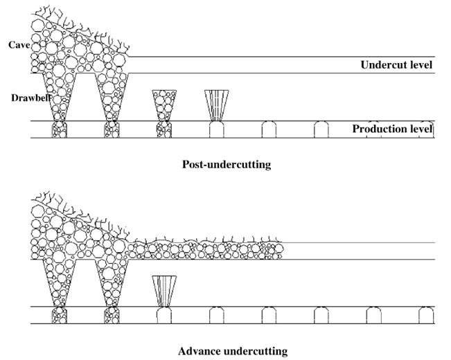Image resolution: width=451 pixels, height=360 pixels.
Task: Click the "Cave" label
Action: tap(19, 45)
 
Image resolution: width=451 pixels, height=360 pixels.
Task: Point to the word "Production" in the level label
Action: tap(378, 129)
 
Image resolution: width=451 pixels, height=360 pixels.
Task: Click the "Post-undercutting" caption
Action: tap(226, 165)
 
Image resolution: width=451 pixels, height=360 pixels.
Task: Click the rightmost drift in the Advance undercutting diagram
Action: tap(426, 315)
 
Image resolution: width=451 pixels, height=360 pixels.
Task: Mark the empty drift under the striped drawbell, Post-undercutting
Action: tap(216, 129)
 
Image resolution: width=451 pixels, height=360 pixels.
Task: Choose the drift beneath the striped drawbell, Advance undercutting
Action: tap(164, 315)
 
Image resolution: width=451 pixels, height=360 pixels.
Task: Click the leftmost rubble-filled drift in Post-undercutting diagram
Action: tap(59, 129)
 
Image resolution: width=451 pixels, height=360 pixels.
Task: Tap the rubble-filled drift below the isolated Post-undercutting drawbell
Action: tap(164, 129)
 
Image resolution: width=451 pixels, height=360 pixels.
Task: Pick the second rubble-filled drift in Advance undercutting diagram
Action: tap(112, 315)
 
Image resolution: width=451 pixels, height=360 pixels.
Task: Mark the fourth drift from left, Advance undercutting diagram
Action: tap(216, 315)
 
